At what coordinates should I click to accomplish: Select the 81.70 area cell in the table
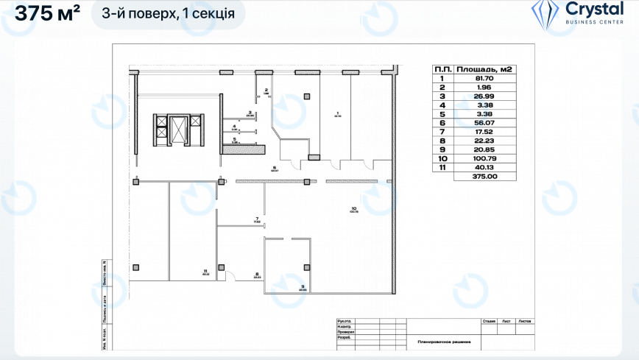pyautogui.click(x=484, y=78)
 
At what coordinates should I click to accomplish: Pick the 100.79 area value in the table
pyautogui.click(x=484, y=158)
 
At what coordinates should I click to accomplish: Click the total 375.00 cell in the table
pyautogui.click(x=484, y=177)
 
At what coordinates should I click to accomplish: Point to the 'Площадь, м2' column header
pyautogui.click(x=484, y=69)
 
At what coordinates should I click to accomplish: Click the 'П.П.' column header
pyautogui.click(x=442, y=69)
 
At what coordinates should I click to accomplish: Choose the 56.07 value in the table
pyautogui.click(x=484, y=123)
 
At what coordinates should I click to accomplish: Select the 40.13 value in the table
pyautogui.click(x=484, y=167)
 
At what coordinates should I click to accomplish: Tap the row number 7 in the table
pyautogui.click(x=442, y=132)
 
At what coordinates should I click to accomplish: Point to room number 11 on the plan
pyautogui.click(x=205, y=271)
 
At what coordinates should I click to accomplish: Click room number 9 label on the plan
pyautogui.click(x=303, y=286)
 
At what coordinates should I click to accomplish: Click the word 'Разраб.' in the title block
pyautogui.click(x=344, y=338)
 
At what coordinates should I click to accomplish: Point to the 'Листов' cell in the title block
pyautogui.click(x=525, y=322)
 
